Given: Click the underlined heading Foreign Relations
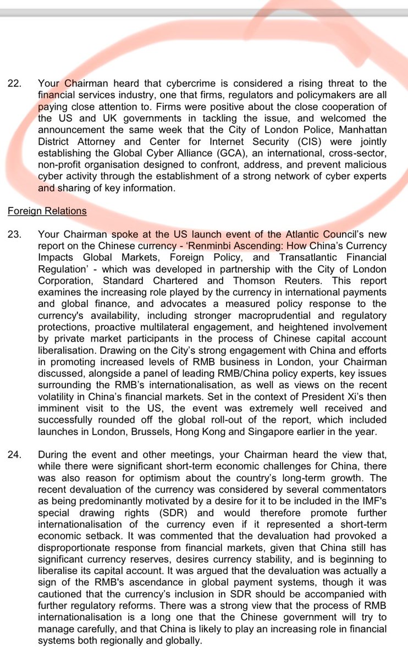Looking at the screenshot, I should (x=47, y=211).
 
